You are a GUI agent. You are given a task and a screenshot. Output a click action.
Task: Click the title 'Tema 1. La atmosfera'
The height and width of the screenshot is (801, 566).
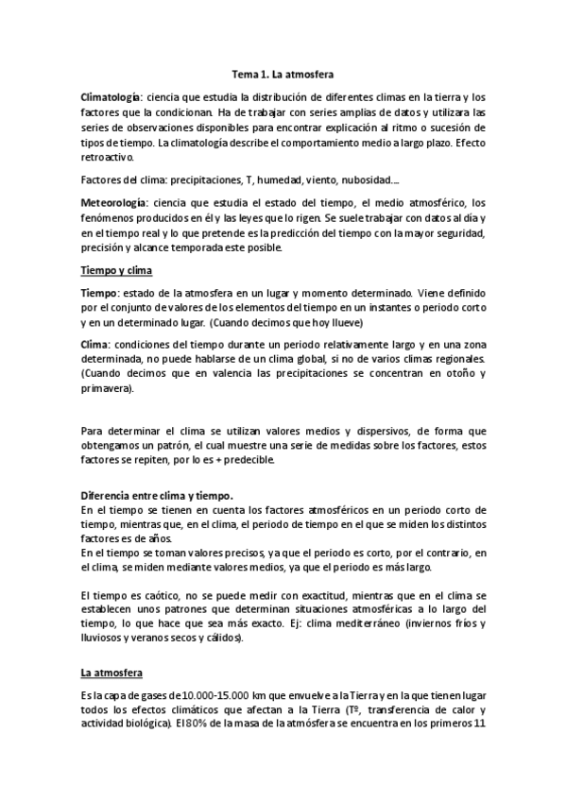point(283,71)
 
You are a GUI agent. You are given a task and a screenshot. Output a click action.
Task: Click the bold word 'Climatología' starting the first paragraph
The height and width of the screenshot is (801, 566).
point(111,96)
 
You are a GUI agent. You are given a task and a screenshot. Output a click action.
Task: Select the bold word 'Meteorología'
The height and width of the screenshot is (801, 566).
point(114,203)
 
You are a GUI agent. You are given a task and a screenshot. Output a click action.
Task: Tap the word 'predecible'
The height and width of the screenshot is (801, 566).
point(246,460)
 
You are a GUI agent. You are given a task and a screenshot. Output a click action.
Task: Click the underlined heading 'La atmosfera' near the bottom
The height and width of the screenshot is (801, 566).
point(111,673)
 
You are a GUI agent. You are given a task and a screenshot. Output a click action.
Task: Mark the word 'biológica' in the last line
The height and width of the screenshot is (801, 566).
point(146,725)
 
